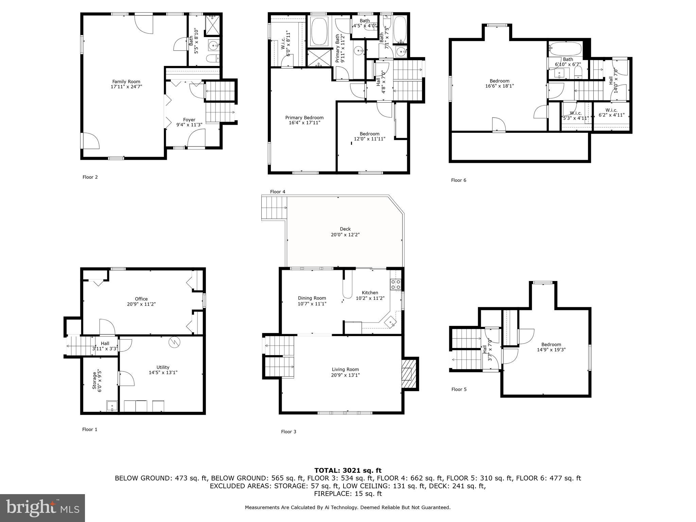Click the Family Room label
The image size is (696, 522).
(x=126, y=82)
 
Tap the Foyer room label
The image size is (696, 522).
(x=189, y=120)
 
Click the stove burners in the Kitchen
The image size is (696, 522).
(x=395, y=284)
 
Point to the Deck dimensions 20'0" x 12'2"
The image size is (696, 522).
(x=345, y=234)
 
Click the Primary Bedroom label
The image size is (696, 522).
(x=304, y=118)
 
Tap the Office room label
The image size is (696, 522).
(x=141, y=299)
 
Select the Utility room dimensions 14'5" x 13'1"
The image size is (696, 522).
(x=163, y=372)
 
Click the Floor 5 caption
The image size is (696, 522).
(x=459, y=389)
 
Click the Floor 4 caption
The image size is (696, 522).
(x=277, y=192)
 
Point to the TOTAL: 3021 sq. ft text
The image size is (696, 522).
(x=348, y=470)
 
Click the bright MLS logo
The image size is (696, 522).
(x=42, y=508)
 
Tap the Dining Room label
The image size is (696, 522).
(x=312, y=298)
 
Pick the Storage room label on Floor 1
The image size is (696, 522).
(x=95, y=381)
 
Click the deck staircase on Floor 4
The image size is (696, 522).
(x=274, y=208)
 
